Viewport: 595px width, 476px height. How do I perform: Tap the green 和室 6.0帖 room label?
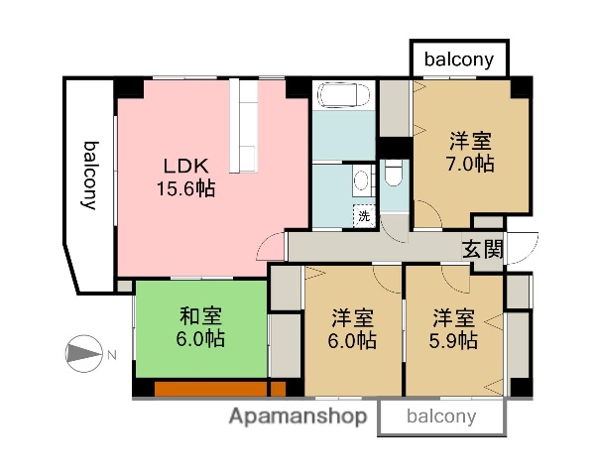[201, 326]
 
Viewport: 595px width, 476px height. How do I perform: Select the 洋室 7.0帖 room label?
[470, 151]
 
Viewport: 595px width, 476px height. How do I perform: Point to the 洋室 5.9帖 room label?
[454, 329]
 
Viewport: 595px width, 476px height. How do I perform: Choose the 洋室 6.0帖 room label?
[353, 329]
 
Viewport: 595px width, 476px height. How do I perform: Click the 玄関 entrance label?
[482, 249]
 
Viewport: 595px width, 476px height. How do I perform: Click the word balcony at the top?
[459, 59]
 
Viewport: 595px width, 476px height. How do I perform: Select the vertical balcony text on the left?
[89, 176]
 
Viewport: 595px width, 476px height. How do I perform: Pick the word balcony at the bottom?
[441, 416]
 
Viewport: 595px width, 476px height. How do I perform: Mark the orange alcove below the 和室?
[211, 389]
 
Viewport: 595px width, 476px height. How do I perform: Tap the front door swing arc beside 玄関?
[524, 244]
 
